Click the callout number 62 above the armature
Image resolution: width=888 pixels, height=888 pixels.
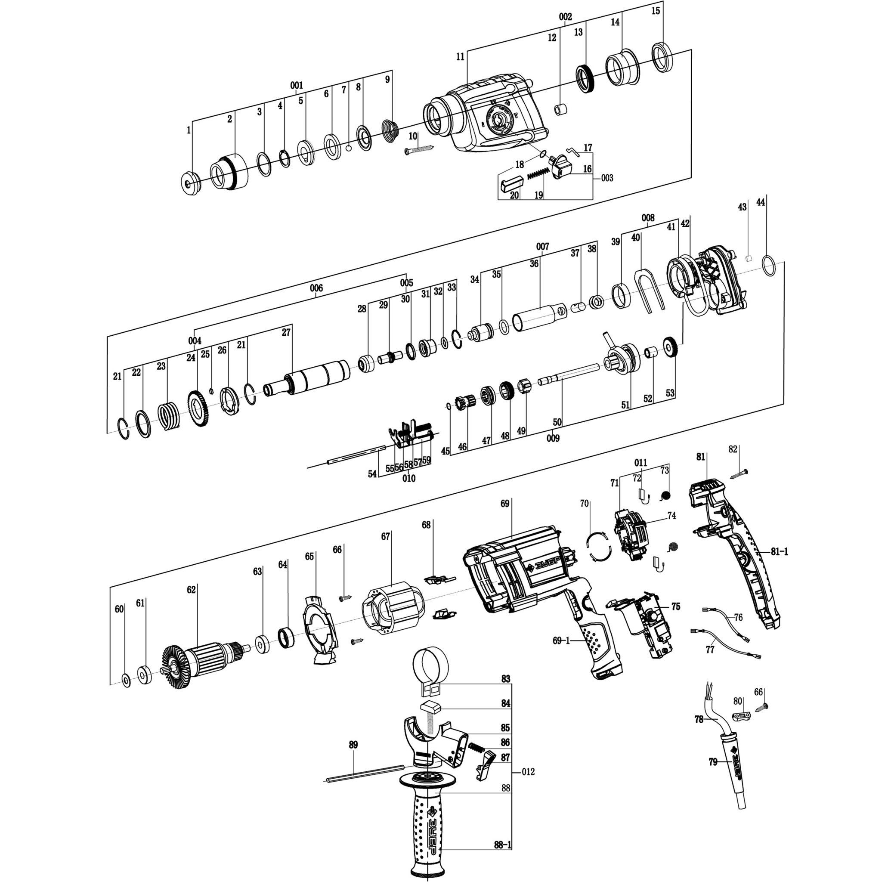click(191, 590)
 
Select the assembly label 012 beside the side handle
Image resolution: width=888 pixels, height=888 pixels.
click(528, 772)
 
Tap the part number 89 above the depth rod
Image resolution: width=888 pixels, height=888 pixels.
click(353, 745)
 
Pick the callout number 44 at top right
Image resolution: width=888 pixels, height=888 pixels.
click(761, 202)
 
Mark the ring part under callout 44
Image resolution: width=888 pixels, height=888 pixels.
click(768, 266)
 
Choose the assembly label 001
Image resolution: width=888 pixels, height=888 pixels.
click(297, 86)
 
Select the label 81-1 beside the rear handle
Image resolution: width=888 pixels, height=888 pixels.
click(779, 552)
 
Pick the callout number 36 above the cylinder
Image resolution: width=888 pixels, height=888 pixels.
click(534, 264)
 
